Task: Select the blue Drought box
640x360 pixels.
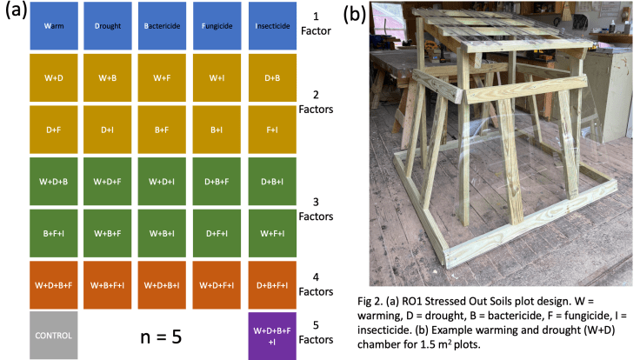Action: [108, 25]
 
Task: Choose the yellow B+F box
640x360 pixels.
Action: [162, 129]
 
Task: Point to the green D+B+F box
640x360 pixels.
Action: [217, 181]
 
